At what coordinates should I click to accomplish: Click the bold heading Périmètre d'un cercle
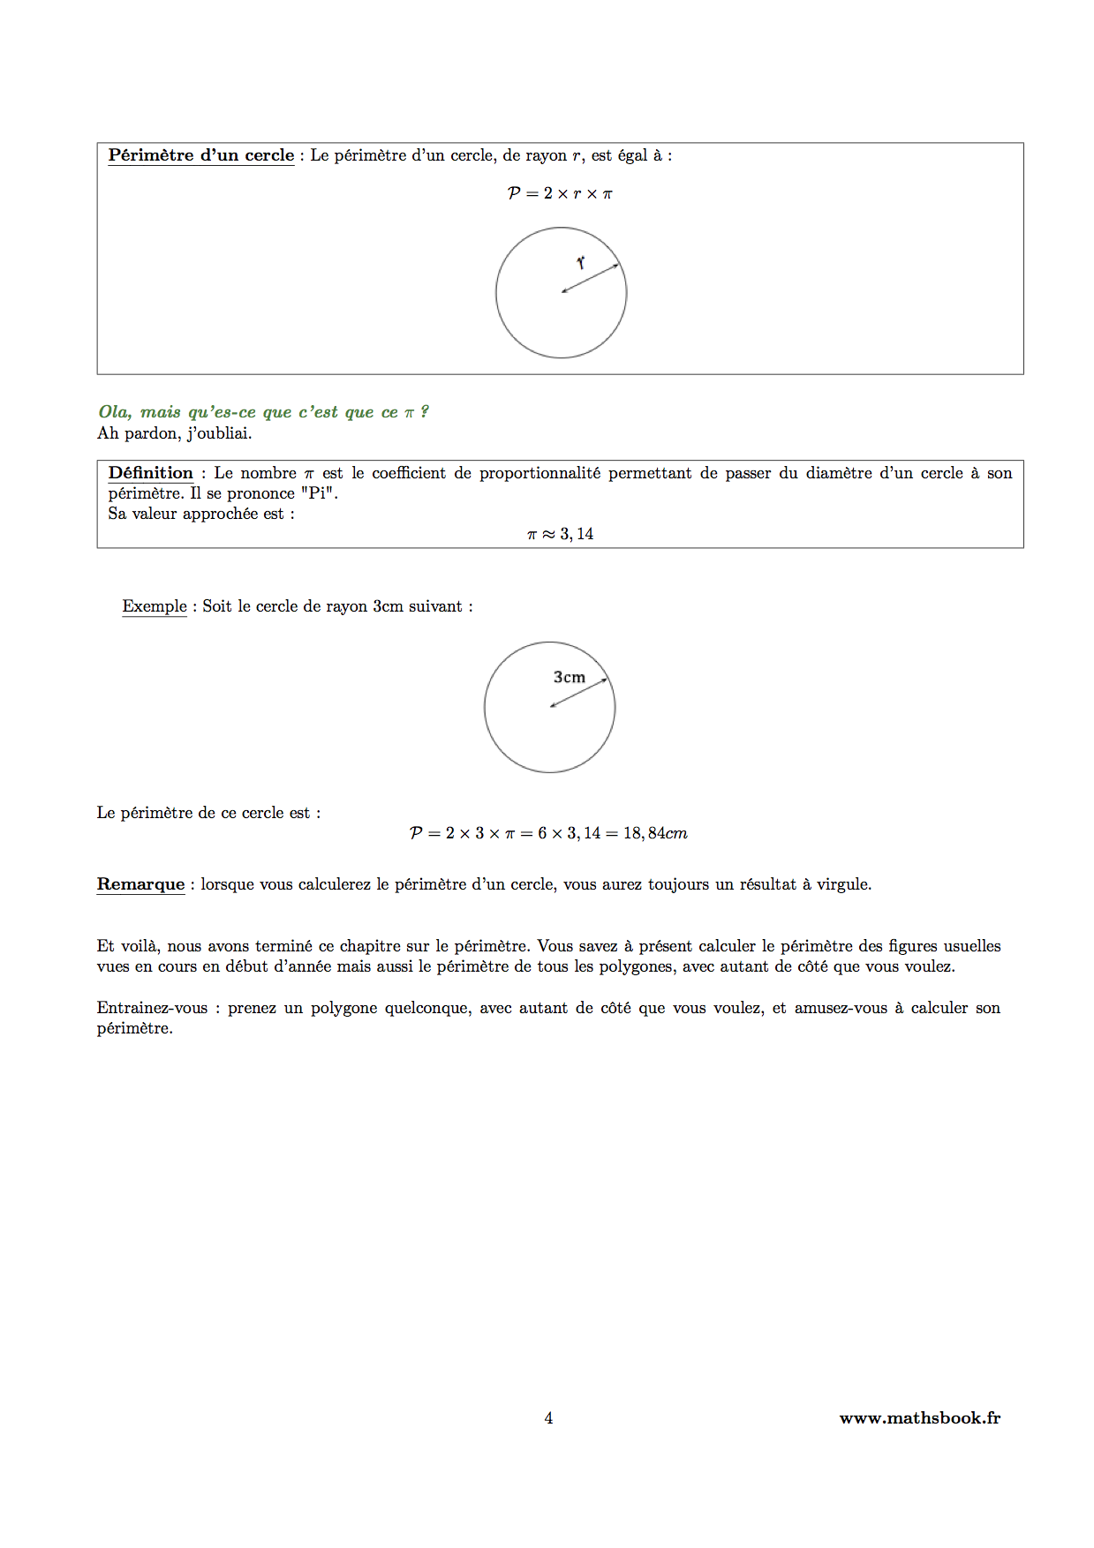tap(200, 155)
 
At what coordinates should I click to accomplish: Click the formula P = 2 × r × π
tap(560, 193)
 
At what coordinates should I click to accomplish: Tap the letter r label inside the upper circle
tap(581, 263)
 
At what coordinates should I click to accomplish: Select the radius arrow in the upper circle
tap(591, 278)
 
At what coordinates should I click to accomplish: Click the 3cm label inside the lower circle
tap(570, 677)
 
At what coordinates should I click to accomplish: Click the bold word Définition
tap(150, 473)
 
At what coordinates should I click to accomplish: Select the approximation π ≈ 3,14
tap(560, 534)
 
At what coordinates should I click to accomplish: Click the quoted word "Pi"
tap(318, 493)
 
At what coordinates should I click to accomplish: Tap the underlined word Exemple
tap(155, 606)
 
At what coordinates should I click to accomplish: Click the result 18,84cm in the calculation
tap(655, 833)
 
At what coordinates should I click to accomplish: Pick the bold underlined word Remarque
tap(140, 884)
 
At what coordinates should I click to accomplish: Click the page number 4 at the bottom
tap(548, 1418)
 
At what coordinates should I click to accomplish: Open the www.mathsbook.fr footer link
tap(919, 1418)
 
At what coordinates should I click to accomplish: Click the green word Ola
tap(114, 412)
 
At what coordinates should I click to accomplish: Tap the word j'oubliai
tap(219, 433)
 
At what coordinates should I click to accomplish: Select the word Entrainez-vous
tap(152, 1008)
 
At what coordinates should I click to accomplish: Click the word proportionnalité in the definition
tap(539, 473)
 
